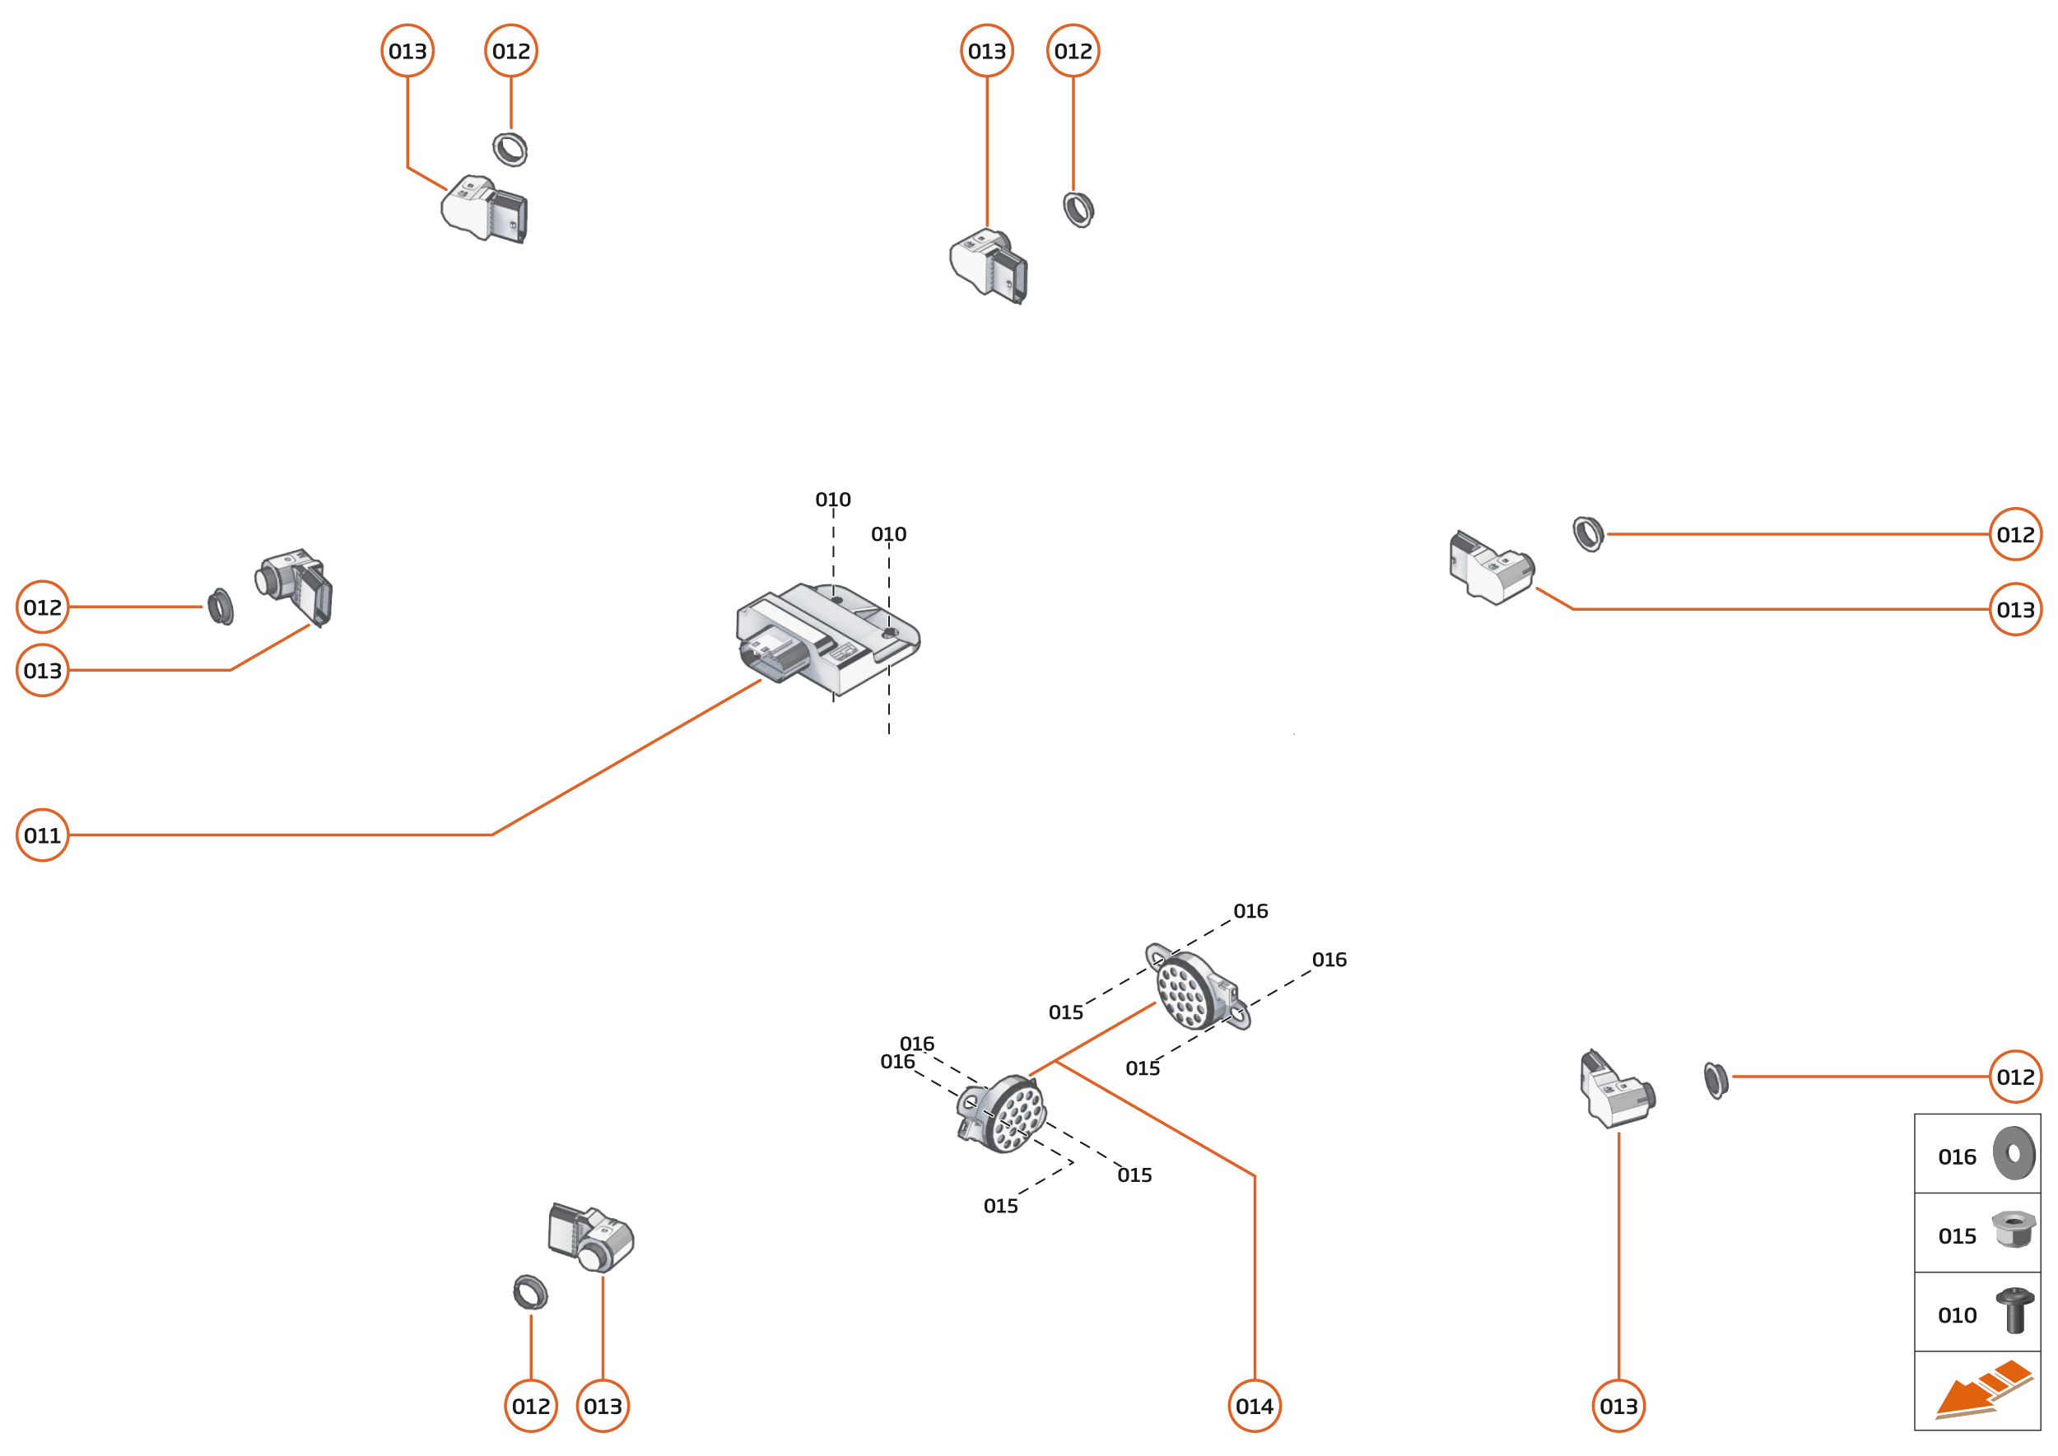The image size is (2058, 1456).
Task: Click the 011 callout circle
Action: [42, 835]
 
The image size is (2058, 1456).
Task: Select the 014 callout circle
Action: [1254, 1406]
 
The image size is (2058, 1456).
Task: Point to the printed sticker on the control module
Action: [842, 652]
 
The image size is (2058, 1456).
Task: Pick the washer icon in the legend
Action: [2014, 1153]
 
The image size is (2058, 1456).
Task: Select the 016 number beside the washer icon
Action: [1957, 1157]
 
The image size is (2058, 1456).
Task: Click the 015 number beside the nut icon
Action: [1957, 1236]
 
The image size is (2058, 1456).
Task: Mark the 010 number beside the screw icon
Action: [1957, 1315]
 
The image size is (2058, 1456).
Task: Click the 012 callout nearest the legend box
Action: [2015, 1077]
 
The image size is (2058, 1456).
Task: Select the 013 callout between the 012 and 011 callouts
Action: [42, 670]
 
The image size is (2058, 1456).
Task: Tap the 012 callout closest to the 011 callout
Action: [42, 607]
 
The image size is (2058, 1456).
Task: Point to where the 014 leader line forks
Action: [1055, 1061]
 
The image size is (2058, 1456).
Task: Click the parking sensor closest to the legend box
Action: [1616, 1092]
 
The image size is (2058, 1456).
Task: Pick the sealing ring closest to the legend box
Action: [1715, 1081]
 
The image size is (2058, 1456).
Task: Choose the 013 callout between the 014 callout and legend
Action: [1618, 1406]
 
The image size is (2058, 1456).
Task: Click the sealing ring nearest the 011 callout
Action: [220, 607]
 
